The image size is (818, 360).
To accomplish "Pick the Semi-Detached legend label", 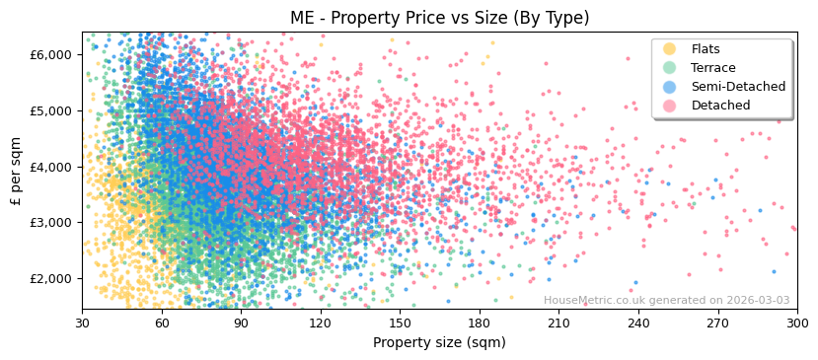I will (738, 87).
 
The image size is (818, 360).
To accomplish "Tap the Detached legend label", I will (720, 106).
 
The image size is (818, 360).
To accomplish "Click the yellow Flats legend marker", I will (670, 49).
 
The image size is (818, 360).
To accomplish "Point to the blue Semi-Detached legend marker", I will (670, 87).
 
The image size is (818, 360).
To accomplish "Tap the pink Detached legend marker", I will (670, 106).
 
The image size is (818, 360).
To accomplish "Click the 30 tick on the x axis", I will (82, 324).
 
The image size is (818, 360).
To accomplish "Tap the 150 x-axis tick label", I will (400, 324).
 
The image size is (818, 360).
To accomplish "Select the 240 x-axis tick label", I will (638, 324).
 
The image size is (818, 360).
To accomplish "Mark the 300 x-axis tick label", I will (796, 324).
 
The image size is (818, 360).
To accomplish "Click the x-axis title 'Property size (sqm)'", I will (439, 343).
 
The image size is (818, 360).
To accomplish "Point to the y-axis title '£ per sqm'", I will (17, 172).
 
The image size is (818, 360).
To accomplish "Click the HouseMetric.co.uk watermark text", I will (666, 300).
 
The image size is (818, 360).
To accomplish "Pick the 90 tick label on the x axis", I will (241, 324).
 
